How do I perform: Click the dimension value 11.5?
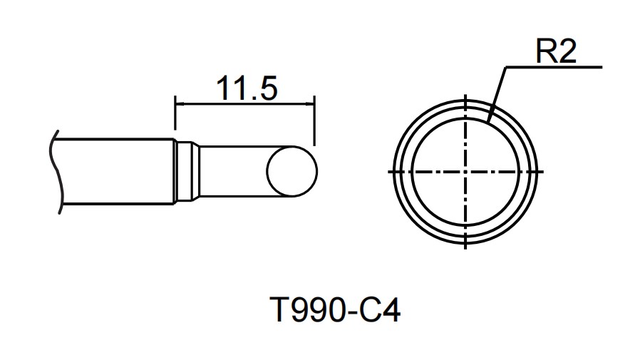pos(246,88)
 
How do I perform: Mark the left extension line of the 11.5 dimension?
pos(175,118)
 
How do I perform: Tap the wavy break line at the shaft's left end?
pos(54,172)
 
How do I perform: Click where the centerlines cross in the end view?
pos(465,171)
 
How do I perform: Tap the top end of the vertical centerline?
pos(465,97)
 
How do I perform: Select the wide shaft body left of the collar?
pos(114,172)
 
